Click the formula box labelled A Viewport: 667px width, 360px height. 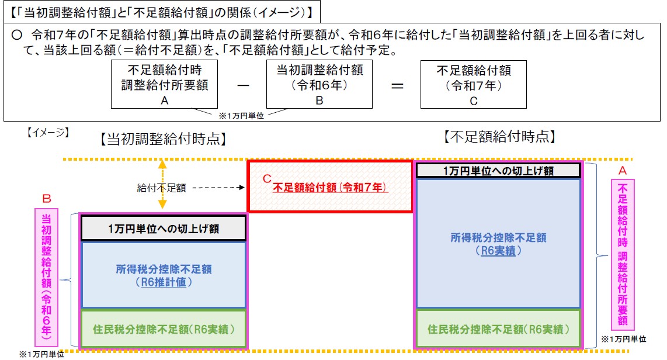(164, 84)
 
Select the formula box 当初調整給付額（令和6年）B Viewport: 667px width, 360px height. (319, 84)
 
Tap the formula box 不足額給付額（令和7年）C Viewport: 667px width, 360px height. (474, 84)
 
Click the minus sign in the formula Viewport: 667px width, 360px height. (243, 85)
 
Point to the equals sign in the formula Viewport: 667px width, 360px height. (397, 86)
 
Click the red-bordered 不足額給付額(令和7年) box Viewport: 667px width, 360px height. (330, 186)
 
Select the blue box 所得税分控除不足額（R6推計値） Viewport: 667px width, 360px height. (164, 275)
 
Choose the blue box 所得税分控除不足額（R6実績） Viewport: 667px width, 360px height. (498, 243)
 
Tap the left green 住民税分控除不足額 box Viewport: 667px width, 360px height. (164, 329)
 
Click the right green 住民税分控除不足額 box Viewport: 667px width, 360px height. (498, 329)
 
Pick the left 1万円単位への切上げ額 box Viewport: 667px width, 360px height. (164, 229)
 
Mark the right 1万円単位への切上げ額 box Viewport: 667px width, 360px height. (498, 171)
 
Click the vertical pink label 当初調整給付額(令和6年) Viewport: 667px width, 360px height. (46, 277)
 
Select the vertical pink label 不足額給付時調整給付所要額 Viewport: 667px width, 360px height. (623, 254)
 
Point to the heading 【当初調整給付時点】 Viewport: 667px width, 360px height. (164, 139)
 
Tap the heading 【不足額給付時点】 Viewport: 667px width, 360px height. (499, 137)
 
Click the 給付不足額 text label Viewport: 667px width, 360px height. (161, 188)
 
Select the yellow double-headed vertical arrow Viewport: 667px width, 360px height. (162, 184)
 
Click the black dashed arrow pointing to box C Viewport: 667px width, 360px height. (218, 187)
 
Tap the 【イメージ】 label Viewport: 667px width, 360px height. (48, 132)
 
